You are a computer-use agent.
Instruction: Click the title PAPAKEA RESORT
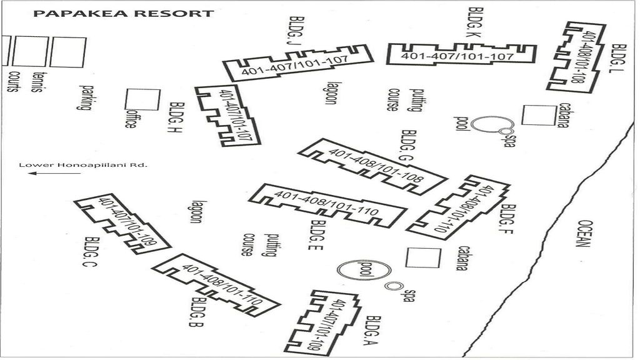pyautogui.click(x=123, y=13)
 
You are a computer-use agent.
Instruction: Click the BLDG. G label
pyautogui.click(x=409, y=147)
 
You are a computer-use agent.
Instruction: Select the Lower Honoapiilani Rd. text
pyautogui.click(x=83, y=166)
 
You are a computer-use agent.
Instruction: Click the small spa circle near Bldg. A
pyautogui.click(x=392, y=286)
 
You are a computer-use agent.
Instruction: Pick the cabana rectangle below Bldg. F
pyautogui.click(x=420, y=257)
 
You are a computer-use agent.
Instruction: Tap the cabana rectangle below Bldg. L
pyautogui.click(x=539, y=115)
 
